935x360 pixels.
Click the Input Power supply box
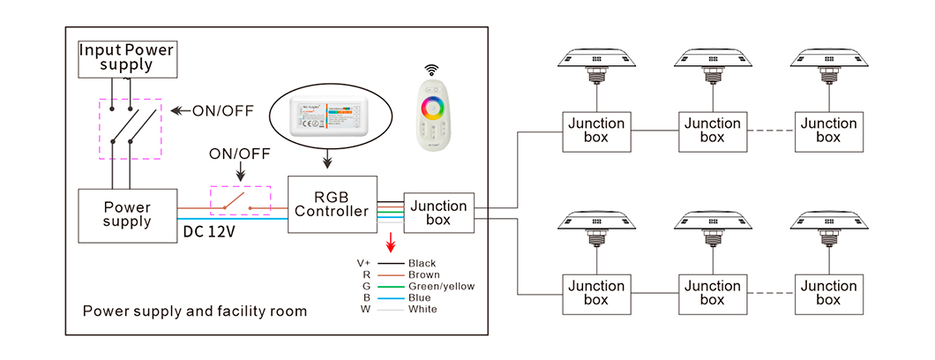[x=126, y=57]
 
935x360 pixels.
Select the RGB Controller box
[x=332, y=204]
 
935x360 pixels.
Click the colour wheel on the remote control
[x=435, y=109]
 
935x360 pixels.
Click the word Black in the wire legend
[x=422, y=263]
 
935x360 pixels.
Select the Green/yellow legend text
[x=441, y=286]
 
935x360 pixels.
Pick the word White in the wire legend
[x=423, y=309]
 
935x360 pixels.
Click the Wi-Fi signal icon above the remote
[x=431, y=69]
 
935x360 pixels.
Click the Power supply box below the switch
[x=127, y=214]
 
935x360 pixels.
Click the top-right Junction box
[x=827, y=131]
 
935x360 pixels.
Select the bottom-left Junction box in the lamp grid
[x=595, y=293]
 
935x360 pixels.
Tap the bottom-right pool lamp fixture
[x=827, y=223]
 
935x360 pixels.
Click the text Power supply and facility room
[x=195, y=311]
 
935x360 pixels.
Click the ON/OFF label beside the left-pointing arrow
[x=224, y=110]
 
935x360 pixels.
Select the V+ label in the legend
[x=363, y=263]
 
